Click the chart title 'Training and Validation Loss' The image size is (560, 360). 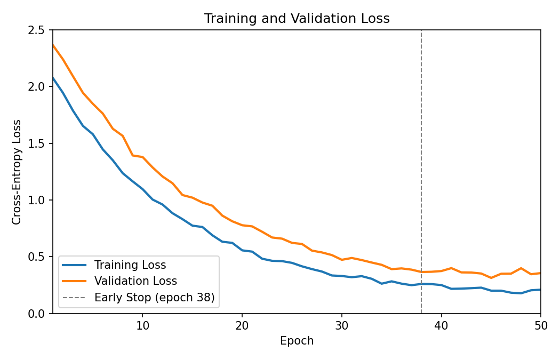point(297,19)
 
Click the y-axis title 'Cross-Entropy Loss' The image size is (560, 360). point(17,172)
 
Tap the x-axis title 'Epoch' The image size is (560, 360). point(297,341)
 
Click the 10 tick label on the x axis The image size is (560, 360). point(142,325)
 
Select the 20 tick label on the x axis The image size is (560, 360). point(242,325)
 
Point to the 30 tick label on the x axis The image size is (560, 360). point(341,325)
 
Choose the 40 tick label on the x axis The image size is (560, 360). point(441,325)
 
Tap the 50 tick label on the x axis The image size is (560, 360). point(540,325)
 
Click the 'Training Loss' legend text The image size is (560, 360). point(130,265)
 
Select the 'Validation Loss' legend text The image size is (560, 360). point(135,281)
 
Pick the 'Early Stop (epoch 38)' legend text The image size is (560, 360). point(154,298)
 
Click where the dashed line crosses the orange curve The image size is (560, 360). point(421,272)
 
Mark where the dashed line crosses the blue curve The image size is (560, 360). point(421,284)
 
